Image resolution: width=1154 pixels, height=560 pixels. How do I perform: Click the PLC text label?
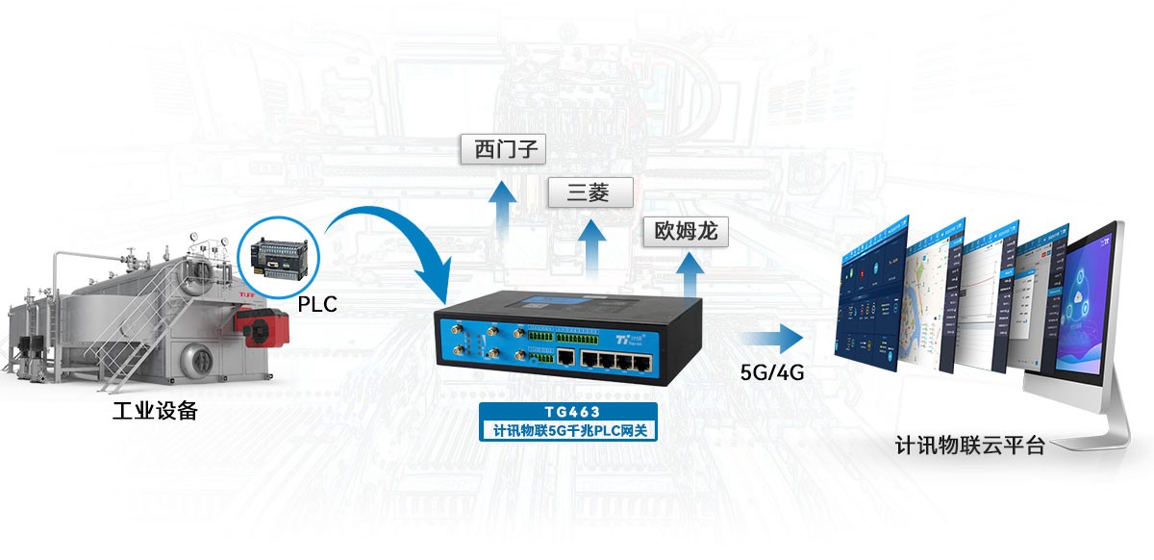coord(318,305)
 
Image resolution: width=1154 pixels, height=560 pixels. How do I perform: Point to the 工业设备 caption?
coord(155,412)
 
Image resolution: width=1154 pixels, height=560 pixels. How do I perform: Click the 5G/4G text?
coord(772,371)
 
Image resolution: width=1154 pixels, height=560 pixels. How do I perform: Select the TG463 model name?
coord(569,412)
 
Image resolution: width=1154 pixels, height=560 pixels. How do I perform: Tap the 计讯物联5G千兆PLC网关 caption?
coord(569,430)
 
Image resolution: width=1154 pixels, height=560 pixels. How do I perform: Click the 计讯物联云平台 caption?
coord(969,446)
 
